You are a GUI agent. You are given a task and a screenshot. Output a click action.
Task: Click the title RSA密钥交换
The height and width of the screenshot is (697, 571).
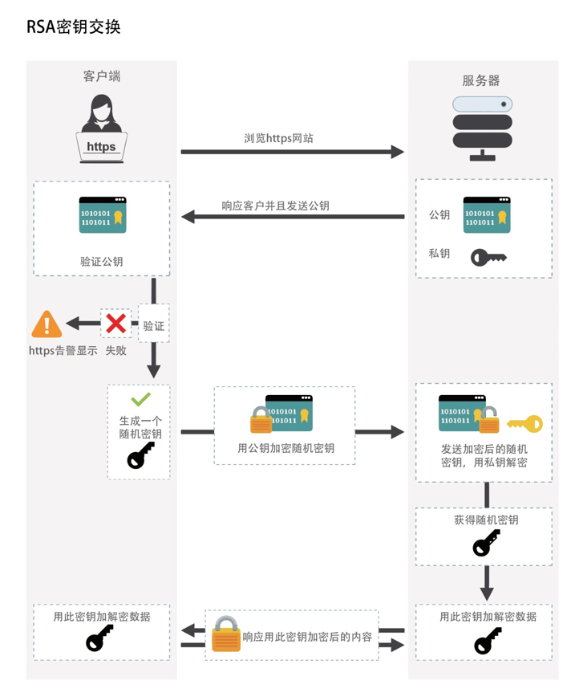[x=74, y=26]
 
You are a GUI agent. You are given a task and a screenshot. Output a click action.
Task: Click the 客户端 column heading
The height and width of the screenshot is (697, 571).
[x=102, y=76]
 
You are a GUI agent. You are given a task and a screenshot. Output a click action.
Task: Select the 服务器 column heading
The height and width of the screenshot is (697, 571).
[x=481, y=80]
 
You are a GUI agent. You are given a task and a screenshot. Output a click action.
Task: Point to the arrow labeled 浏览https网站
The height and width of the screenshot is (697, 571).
[x=292, y=151]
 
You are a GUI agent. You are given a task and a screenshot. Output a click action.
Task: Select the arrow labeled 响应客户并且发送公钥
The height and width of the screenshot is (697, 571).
[x=292, y=217]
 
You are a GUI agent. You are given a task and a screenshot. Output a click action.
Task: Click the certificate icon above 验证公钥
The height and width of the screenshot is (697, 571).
[x=102, y=215]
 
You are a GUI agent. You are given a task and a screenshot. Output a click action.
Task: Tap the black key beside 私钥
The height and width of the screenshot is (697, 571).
[x=488, y=257]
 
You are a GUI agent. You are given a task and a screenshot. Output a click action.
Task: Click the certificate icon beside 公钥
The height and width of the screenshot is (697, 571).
[x=486, y=215]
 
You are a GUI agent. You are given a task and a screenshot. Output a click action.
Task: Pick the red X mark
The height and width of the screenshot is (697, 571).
[x=116, y=324]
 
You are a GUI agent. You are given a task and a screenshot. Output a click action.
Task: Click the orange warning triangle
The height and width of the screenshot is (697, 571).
[x=47, y=324]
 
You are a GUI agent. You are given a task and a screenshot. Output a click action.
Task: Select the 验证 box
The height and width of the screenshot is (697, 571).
[x=154, y=326]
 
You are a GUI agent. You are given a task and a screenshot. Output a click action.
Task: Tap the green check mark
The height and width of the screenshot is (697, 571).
[x=140, y=399]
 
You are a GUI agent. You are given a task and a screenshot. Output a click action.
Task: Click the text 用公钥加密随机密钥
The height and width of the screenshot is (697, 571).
[x=285, y=448]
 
